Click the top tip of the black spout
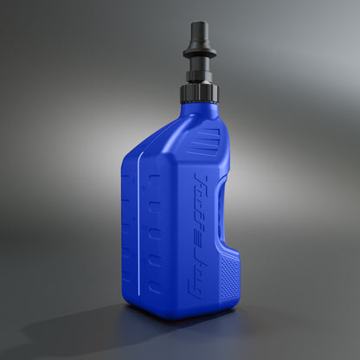tap(198, 24)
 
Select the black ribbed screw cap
tap(198, 91)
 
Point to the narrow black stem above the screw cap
tap(199, 69)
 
